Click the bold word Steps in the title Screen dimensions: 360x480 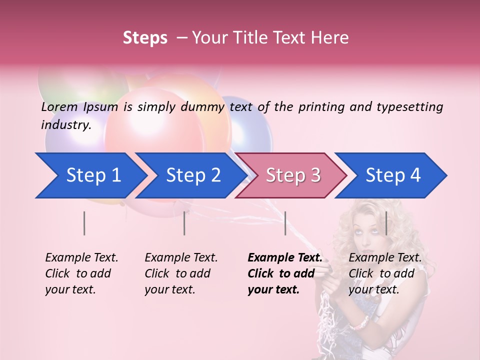(x=145, y=38)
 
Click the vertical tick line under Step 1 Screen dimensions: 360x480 (x=84, y=223)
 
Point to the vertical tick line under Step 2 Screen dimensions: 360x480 (x=184, y=223)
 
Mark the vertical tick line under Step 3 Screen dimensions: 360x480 (x=285, y=223)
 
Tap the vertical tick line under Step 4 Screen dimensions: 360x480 (x=386, y=223)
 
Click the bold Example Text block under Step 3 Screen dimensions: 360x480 (x=285, y=273)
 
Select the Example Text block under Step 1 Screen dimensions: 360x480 (x=81, y=273)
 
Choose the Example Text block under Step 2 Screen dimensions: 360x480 (x=181, y=273)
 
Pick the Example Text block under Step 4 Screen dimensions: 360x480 (x=385, y=273)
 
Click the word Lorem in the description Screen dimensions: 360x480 (x=59, y=106)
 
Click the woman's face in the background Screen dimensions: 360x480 (x=368, y=230)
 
